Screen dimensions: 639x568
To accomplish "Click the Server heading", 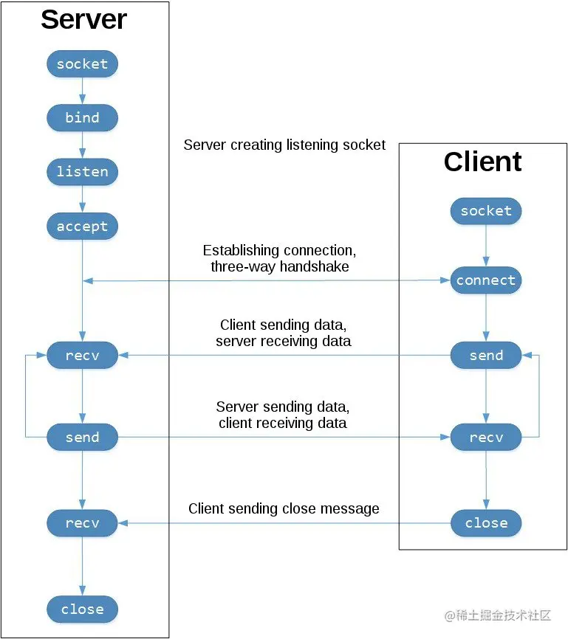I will [83, 20].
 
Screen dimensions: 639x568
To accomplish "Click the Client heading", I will [482, 162].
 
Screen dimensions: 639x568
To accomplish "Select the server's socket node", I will [82, 64].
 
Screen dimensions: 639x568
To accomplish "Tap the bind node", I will [82, 118].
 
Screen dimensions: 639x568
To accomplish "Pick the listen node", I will [82, 172].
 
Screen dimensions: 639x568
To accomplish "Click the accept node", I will [82, 227].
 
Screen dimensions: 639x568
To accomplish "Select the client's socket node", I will [486, 212].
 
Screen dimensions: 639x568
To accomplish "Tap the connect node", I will [486, 280].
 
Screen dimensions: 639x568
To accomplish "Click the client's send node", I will [486, 356].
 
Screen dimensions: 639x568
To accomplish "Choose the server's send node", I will [82, 438].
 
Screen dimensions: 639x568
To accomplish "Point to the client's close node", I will [486, 523].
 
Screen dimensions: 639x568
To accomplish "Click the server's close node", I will [82, 609].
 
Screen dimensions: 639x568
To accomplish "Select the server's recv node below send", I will [82, 523].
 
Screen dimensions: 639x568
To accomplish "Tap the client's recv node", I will [486, 438].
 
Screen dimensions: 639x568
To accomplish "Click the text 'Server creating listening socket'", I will [284, 145].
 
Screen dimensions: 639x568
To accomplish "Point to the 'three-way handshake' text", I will [279, 267].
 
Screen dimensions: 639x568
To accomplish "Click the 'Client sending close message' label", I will [284, 509].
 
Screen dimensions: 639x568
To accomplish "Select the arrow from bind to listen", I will [82, 145].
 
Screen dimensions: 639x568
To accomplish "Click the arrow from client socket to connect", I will [486, 246].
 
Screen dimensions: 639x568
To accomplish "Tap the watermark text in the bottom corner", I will [498, 615].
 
